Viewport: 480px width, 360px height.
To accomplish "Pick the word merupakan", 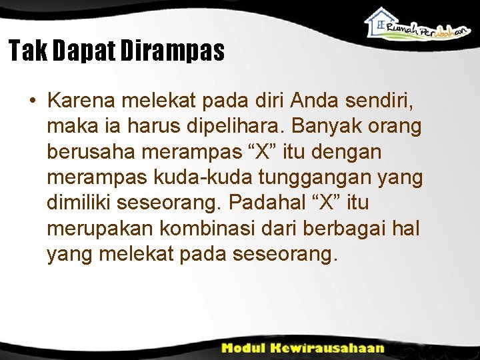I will point(98,228).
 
